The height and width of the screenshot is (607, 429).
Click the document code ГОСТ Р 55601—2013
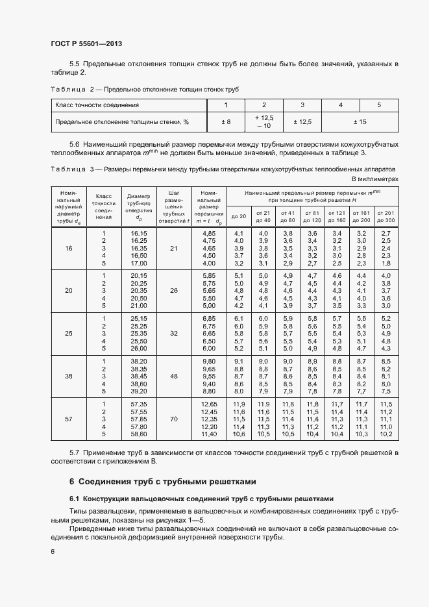coord(86,43)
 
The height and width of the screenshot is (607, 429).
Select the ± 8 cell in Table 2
coord(226,121)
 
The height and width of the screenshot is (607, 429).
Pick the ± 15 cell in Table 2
coord(359,121)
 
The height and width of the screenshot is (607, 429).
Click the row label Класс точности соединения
coord(97,105)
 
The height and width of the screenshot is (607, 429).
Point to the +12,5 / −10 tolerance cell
coord(264,121)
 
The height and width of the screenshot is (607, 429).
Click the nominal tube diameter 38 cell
coord(69,376)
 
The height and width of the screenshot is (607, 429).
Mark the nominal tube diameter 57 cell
coord(69,419)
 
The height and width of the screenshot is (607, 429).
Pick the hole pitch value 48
coord(173,376)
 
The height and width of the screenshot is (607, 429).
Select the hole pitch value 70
coord(173,419)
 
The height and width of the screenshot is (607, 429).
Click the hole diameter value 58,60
coord(139,434)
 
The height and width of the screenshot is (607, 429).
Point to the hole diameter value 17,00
coord(139,263)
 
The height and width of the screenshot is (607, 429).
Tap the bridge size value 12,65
coord(208,404)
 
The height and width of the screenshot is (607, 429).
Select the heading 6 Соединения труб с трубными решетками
coord(163,482)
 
